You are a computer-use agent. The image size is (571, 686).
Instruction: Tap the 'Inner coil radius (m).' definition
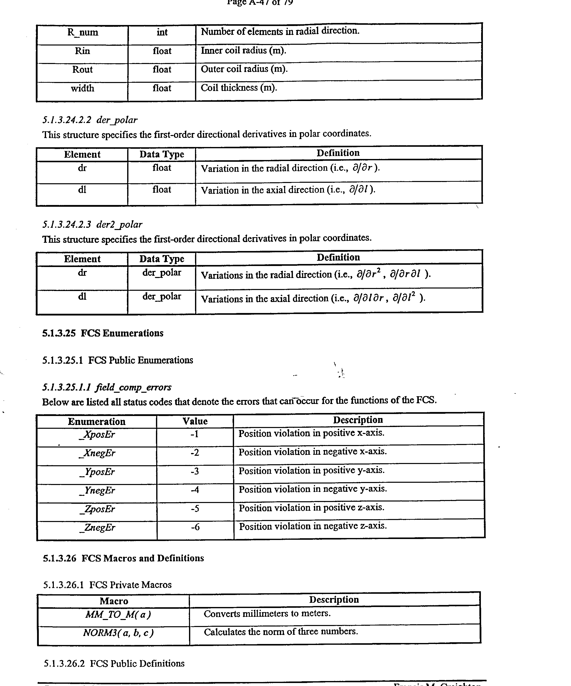243,51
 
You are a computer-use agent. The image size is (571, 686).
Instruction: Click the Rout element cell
82,69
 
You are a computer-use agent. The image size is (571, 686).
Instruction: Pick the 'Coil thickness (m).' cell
239,88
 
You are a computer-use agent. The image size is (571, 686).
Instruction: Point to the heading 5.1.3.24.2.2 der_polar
90,120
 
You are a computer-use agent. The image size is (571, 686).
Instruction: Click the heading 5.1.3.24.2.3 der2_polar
92,224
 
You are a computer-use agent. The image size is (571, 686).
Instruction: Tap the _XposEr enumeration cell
97,434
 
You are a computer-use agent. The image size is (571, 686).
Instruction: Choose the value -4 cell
195,490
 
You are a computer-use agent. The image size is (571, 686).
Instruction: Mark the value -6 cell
195,527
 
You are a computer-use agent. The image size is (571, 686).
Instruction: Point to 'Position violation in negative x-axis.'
312,452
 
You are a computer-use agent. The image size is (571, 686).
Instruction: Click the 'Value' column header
195,421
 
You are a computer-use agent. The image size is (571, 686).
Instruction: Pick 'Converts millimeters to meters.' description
267,614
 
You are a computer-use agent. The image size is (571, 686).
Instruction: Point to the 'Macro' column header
114,601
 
